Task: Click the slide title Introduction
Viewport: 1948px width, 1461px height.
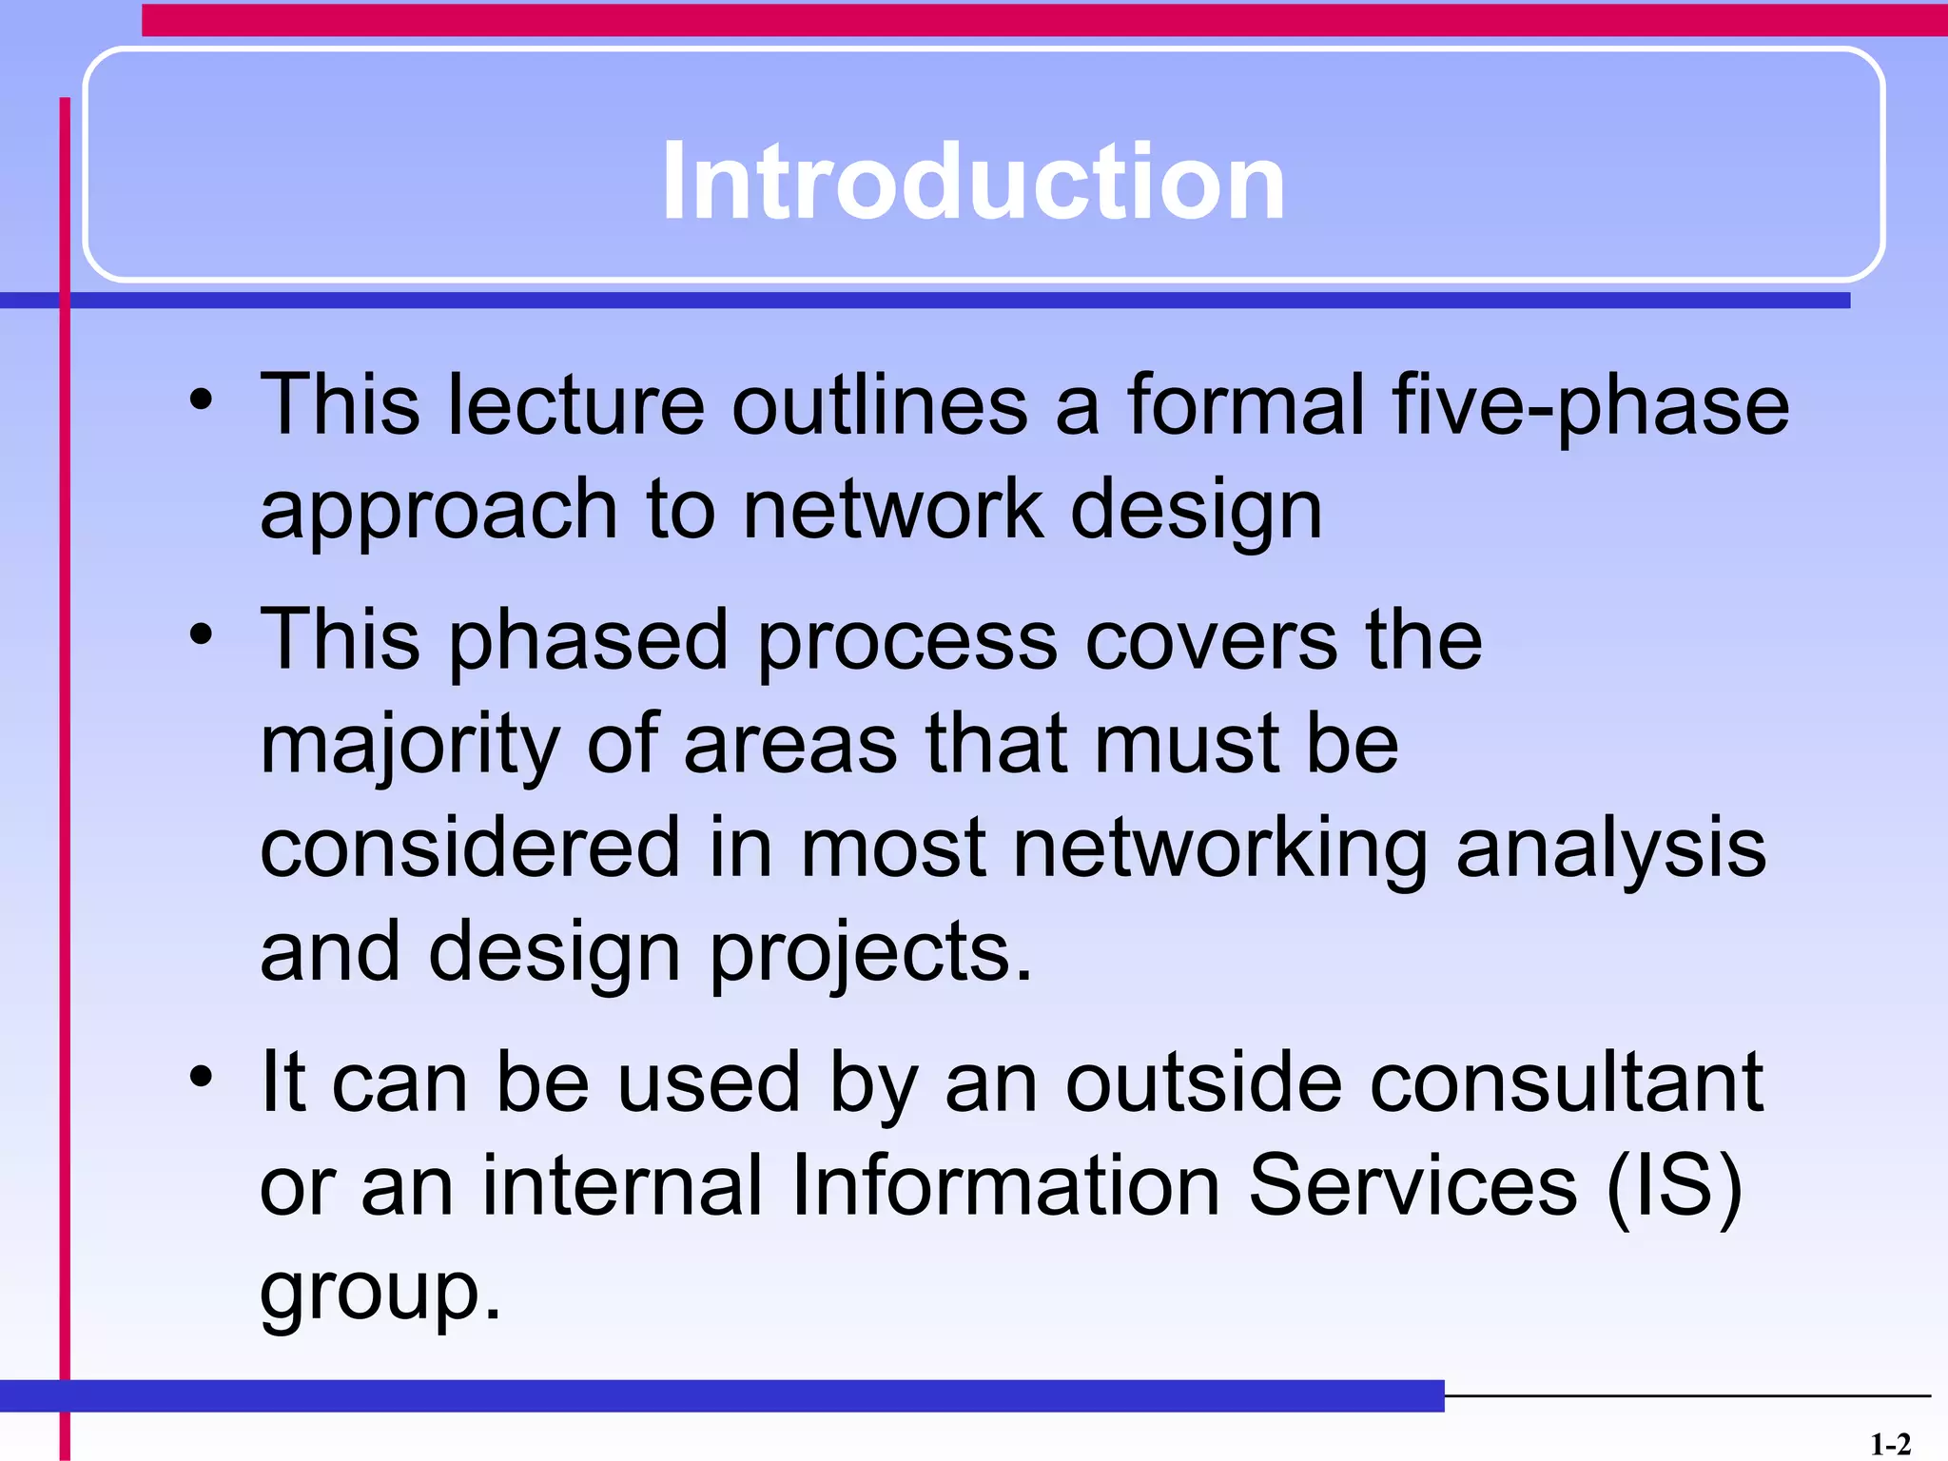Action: pyautogui.click(x=973, y=181)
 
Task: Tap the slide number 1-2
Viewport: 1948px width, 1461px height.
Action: pyautogui.click(x=1889, y=1445)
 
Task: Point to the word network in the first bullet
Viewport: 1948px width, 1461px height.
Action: pyautogui.click(x=892, y=510)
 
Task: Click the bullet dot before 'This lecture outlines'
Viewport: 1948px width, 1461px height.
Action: pyautogui.click(x=201, y=399)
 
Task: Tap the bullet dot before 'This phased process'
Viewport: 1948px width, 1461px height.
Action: pyautogui.click(x=201, y=633)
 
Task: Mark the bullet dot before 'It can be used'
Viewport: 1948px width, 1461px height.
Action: pyautogui.click(x=201, y=1077)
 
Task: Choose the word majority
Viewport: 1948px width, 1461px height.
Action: pyautogui.click(x=410, y=747)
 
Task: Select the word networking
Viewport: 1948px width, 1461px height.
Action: pyautogui.click(x=1219, y=848)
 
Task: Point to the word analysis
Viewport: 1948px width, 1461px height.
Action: pyautogui.click(x=1610, y=848)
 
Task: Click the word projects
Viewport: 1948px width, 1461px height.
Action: pyautogui.click(x=870, y=954)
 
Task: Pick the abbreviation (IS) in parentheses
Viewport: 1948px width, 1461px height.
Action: pyautogui.click(x=1674, y=1186)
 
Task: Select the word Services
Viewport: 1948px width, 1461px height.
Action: pyautogui.click(x=1412, y=1185)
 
